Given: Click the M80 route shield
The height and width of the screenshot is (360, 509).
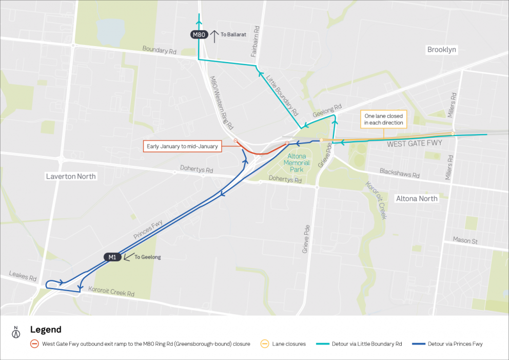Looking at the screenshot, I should point(199,35).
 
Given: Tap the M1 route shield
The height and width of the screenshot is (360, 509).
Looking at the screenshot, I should point(112,257).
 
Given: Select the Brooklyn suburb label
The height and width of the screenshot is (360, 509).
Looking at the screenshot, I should point(442,50).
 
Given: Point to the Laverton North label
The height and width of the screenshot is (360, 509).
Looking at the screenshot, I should point(71,176).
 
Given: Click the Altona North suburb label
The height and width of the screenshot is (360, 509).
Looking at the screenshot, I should point(417,199).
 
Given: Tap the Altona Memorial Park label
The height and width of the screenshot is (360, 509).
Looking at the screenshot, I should point(298,163).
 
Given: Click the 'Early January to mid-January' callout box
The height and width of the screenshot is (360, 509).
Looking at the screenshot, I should point(183,146).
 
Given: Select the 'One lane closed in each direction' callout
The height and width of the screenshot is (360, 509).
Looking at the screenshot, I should point(383,120).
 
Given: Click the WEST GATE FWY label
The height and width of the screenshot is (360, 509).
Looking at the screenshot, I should point(414,144).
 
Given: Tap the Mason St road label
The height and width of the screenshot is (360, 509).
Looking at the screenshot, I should point(465,240).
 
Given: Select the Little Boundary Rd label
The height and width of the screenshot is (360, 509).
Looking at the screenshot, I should point(282,95).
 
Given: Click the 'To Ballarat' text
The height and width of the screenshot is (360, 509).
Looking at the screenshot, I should point(234,34).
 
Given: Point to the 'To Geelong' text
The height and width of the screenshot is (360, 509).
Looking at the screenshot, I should point(147,257).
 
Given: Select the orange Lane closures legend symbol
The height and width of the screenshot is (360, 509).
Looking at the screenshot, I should point(265,344).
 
